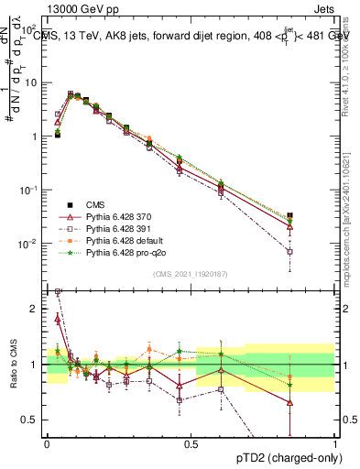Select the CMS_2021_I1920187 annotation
pos(191,274)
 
